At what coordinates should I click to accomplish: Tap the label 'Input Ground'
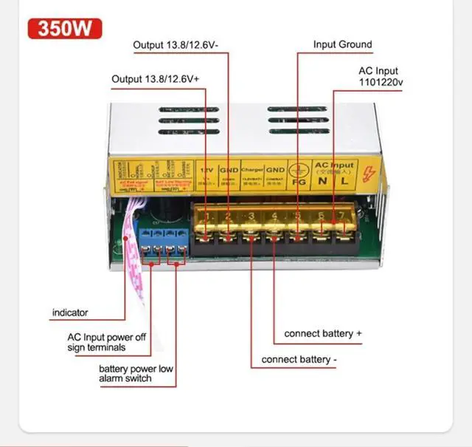(342, 44)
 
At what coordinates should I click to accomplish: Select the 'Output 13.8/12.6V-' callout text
(181, 45)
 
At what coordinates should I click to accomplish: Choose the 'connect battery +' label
(323, 333)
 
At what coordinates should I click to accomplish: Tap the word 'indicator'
(70, 313)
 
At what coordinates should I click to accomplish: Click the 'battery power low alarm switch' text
(135, 373)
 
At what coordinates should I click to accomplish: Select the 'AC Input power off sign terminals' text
(107, 342)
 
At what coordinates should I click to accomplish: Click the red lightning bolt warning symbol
(369, 175)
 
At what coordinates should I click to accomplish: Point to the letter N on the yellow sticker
(322, 181)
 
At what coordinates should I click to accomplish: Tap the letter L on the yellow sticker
(343, 181)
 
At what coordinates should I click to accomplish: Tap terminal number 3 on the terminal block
(251, 216)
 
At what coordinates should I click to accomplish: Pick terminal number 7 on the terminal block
(344, 216)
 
